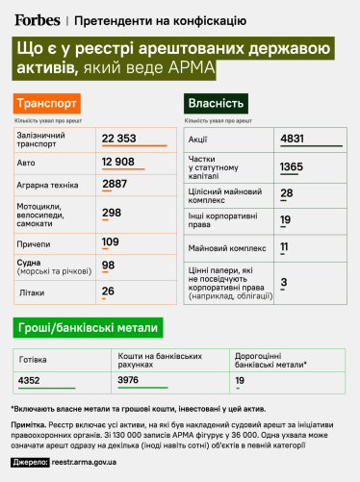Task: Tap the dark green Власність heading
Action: coord(217,104)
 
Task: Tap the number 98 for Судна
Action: coord(108,265)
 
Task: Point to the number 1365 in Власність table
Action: coord(292,166)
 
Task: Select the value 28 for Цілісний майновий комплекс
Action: coord(286,193)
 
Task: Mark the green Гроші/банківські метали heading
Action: coord(86,328)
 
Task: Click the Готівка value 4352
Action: coord(34,380)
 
